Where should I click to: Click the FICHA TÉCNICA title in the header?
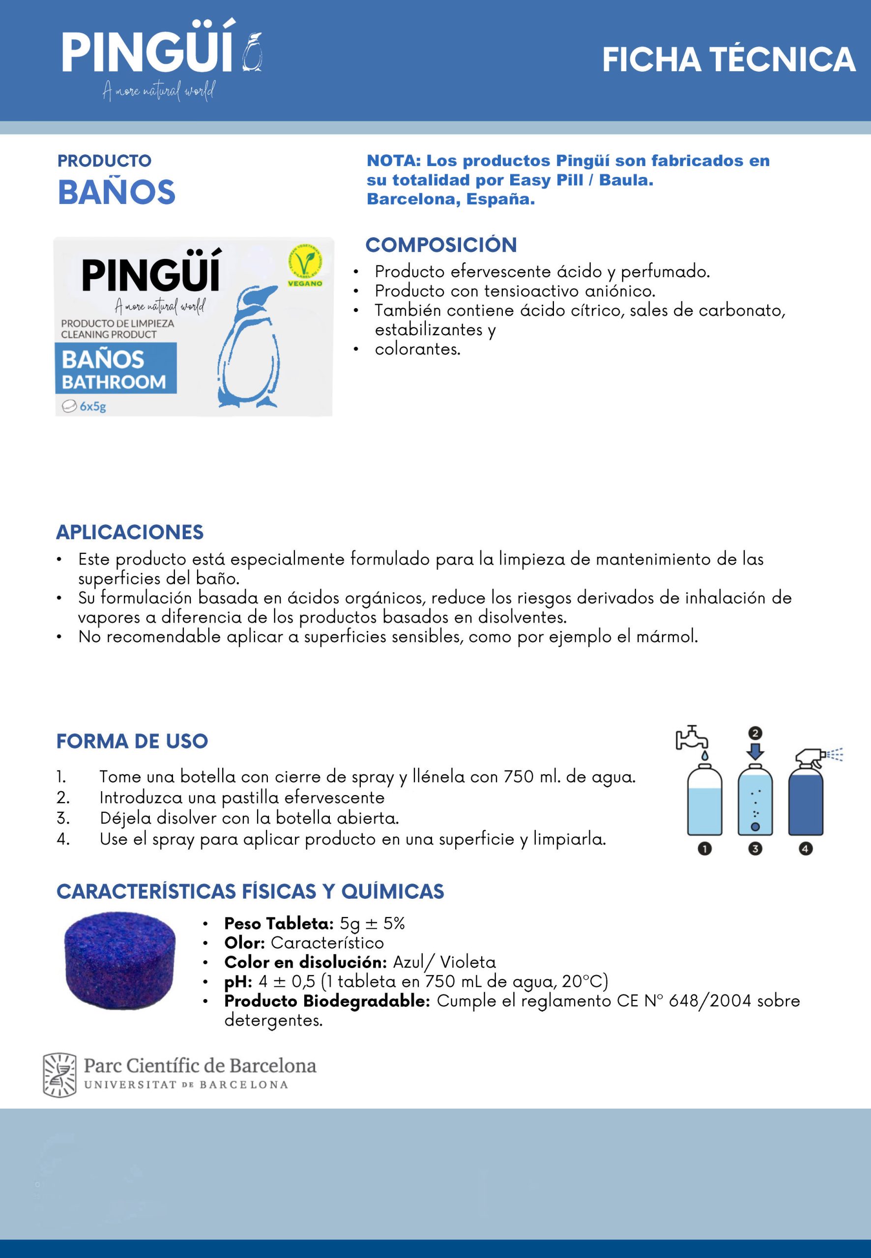[728, 60]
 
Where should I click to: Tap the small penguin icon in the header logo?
[252, 53]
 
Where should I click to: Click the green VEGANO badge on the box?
[305, 266]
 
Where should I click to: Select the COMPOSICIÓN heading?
[441, 245]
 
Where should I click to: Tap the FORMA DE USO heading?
[132, 741]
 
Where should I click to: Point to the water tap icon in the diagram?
[692, 739]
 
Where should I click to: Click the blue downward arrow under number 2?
[755, 751]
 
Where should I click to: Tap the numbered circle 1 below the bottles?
[704, 849]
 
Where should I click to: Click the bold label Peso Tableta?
[278, 923]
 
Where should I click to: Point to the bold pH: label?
[238, 981]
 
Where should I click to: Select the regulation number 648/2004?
[709, 1001]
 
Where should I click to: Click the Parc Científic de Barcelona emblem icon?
[59, 1075]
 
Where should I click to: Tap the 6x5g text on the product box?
[93, 406]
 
